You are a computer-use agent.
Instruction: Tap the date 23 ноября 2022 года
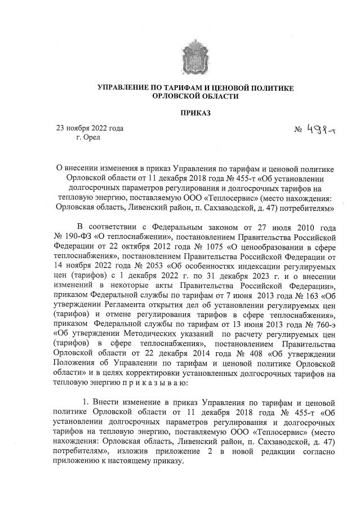coord(89,128)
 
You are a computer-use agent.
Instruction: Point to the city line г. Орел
coord(83,138)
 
